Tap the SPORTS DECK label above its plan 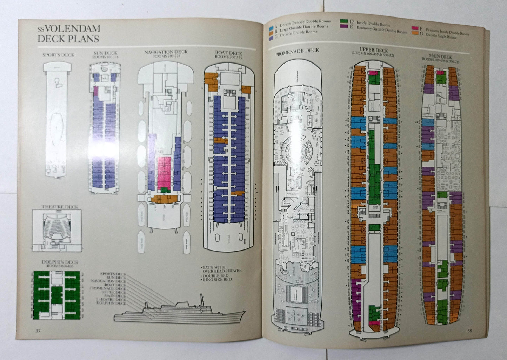[x=58, y=55]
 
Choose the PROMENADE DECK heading [x=297, y=51]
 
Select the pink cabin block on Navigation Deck [x=164, y=172]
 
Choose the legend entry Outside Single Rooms [x=441, y=36]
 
